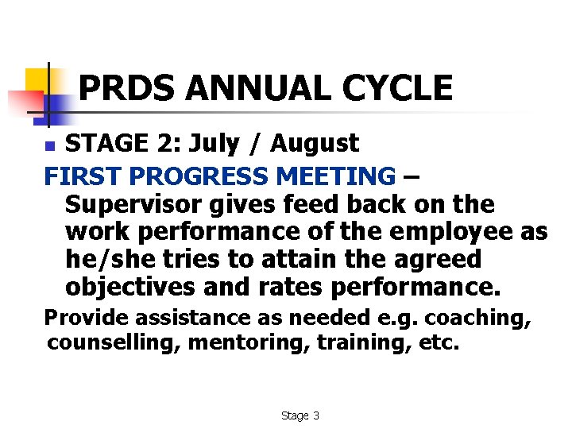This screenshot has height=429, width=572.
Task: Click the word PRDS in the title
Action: point(127,88)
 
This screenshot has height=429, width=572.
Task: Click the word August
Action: point(315,144)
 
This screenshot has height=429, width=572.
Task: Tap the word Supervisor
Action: point(134,204)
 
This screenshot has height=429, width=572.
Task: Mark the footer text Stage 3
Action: point(300,415)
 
